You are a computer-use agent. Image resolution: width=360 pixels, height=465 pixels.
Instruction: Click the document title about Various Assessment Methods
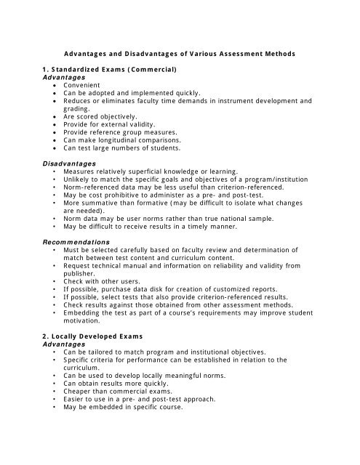[180, 53]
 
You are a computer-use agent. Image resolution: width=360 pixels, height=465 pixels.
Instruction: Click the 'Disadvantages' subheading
[70, 164]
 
